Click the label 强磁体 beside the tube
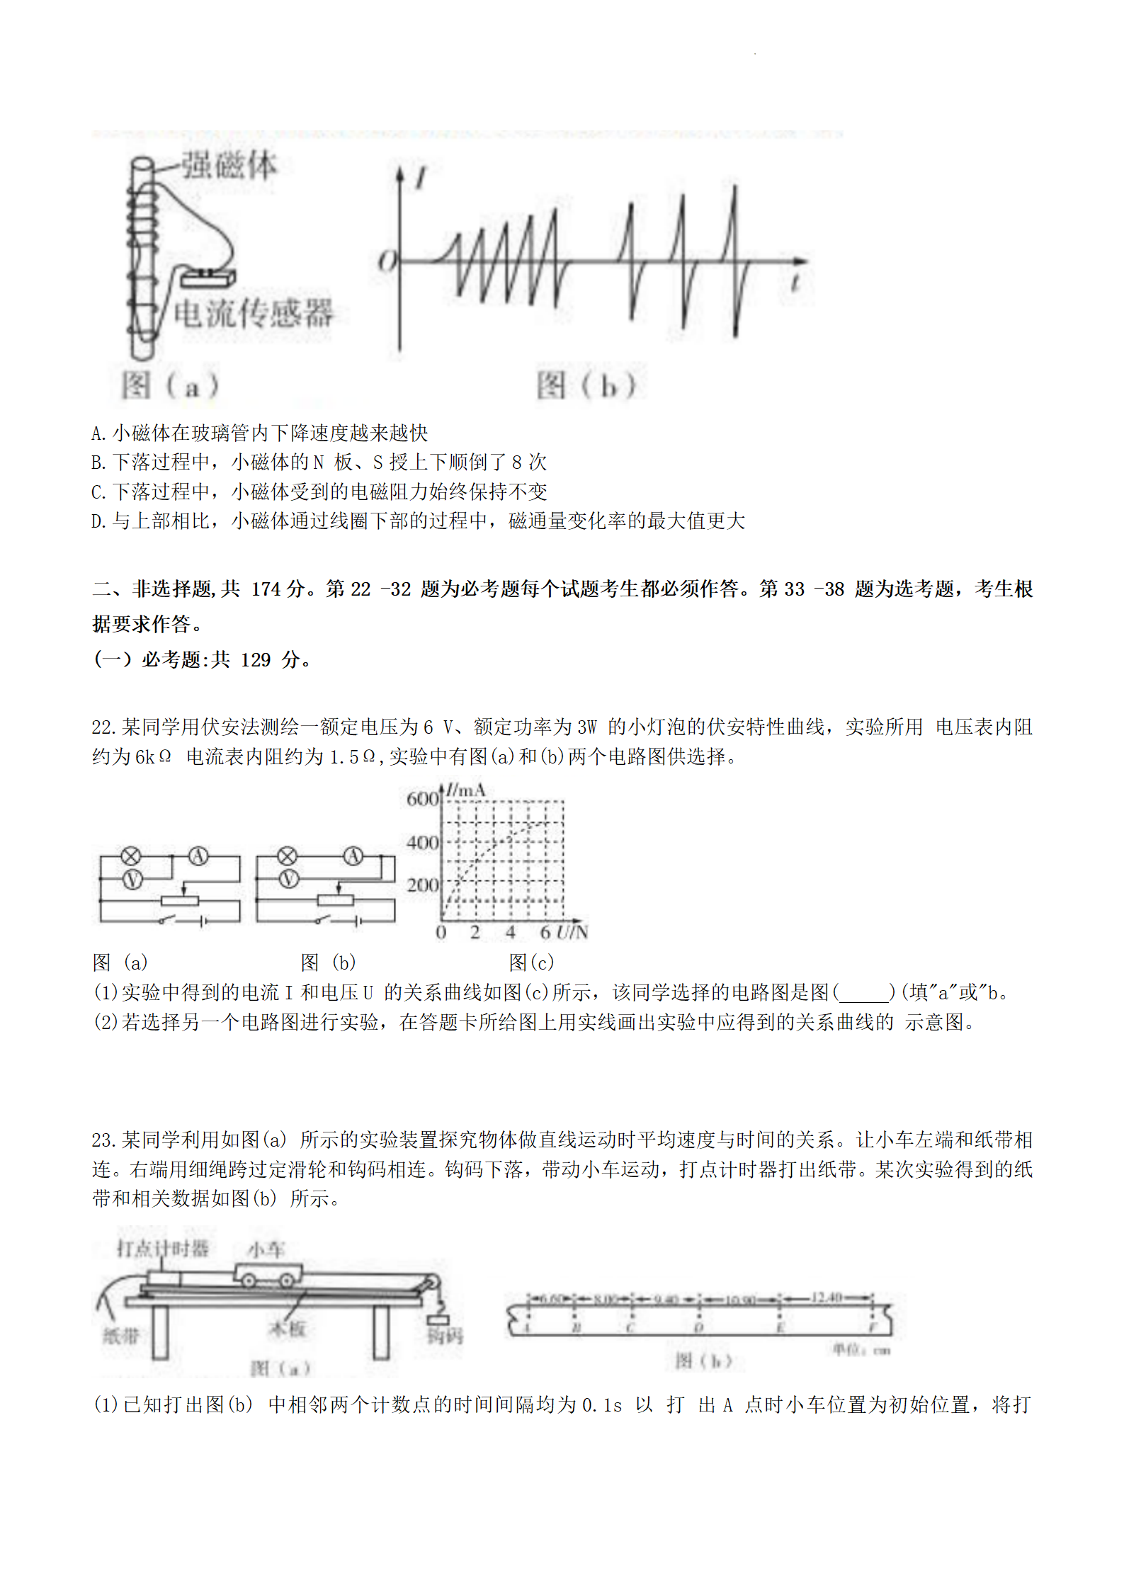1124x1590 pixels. pyautogui.click(x=229, y=166)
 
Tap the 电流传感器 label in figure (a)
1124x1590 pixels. pyautogui.click(x=253, y=313)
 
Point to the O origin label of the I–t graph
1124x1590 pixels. pyautogui.click(x=387, y=261)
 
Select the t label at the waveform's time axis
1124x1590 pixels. pyautogui.click(x=795, y=283)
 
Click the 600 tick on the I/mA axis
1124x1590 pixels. pyautogui.click(x=422, y=799)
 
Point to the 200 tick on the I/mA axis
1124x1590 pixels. pyautogui.click(x=422, y=885)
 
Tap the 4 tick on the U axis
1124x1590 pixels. pyautogui.click(x=510, y=932)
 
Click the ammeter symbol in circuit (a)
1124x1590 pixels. pyautogui.click(x=198, y=856)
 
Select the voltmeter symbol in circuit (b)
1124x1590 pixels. pyautogui.click(x=288, y=880)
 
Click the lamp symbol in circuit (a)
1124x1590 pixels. pyautogui.click(x=131, y=856)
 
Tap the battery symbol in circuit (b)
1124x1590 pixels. pyautogui.click(x=358, y=921)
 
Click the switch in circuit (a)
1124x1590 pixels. pyautogui.click(x=168, y=919)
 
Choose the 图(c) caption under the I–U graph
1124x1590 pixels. pyautogui.click(x=531, y=962)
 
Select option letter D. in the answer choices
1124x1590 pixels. pyautogui.click(x=98, y=521)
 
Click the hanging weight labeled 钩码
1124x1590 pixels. pyautogui.click(x=438, y=1319)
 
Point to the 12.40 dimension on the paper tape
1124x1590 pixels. pyautogui.click(x=826, y=1297)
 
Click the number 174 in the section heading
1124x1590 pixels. pyautogui.click(x=266, y=589)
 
